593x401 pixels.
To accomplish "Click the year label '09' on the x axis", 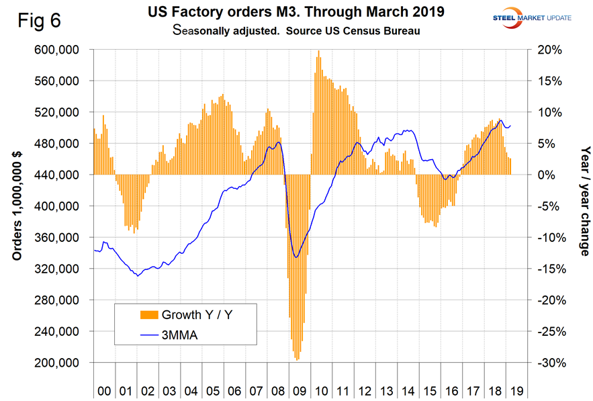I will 299,389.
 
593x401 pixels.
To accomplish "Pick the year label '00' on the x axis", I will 103,389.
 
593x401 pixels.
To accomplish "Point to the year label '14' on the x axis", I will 408,389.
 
